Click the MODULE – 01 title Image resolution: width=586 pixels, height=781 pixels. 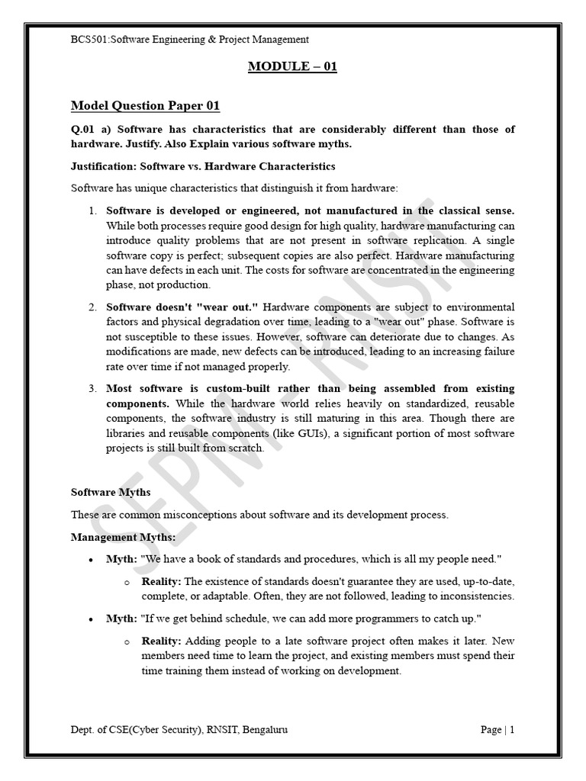point(292,66)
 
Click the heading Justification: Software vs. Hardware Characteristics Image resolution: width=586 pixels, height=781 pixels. point(203,166)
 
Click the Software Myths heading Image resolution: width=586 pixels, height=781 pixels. point(111,493)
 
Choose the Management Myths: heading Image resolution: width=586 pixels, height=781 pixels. point(123,538)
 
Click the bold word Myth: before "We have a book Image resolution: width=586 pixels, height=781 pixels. point(121,559)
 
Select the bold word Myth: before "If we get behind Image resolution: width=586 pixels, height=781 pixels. point(121,618)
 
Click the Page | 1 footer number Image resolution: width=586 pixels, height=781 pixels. point(497,730)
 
